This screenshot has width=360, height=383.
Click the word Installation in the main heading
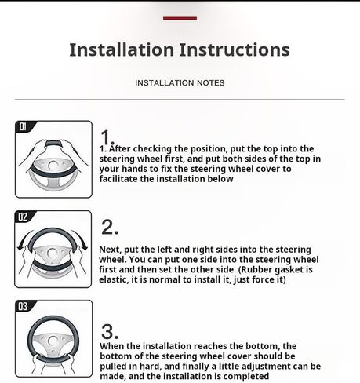[122, 49]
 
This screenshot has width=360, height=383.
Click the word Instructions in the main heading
[235, 49]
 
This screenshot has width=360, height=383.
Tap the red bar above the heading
[180, 18]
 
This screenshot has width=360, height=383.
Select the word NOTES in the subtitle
[211, 83]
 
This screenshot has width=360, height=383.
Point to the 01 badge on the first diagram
[23, 127]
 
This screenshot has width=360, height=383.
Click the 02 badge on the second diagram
[23, 217]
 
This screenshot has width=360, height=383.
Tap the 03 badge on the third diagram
[23, 306]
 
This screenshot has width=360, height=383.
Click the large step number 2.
[110, 228]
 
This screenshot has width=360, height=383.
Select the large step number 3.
[110, 332]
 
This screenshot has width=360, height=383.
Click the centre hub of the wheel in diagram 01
[53, 166]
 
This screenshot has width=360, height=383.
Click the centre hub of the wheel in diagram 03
[53, 340]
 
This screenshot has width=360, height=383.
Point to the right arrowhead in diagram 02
[85, 247]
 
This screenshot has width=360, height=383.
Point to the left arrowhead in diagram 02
[20, 247]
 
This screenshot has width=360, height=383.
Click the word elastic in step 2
[114, 279]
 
